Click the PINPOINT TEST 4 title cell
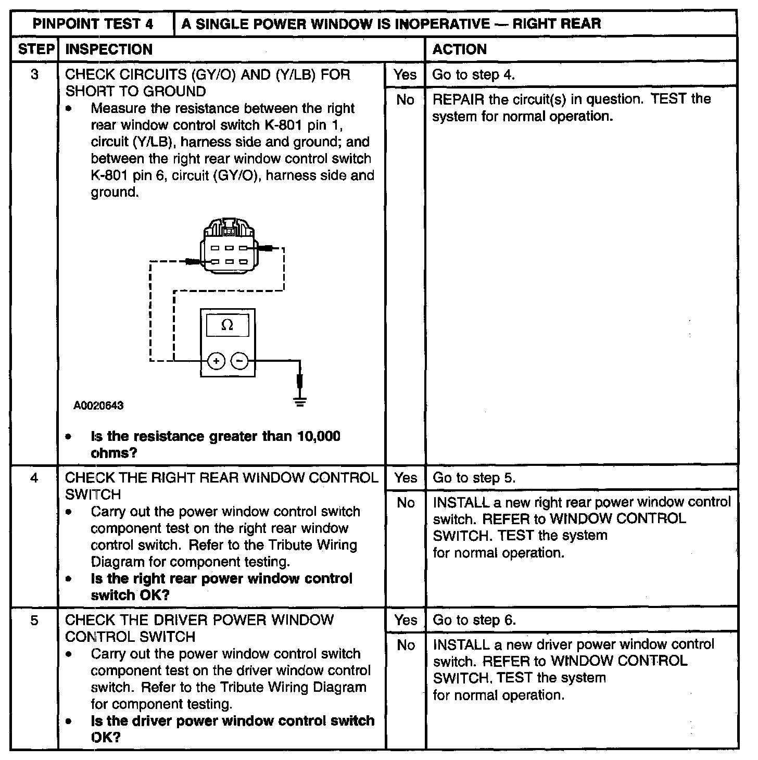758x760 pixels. (x=93, y=23)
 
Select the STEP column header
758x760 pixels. (x=35, y=49)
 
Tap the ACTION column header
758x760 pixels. (x=459, y=49)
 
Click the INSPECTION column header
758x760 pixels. (x=109, y=49)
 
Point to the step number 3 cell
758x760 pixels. (x=34, y=74)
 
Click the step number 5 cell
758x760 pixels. (x=34, y=620)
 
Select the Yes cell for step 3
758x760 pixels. (x=405, y=74)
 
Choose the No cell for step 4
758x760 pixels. (x=405, y=503)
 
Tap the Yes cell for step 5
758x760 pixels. (x=405, y=620)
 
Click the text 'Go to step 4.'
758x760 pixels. (x=473, y=74)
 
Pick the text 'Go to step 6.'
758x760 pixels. (x=474, y=620)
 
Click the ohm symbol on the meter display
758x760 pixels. (x=228, y=325)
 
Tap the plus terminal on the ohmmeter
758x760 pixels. (x=217, y=360)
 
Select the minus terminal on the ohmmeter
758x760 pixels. (x=239, y=360)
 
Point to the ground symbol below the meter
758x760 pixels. (x=300, y=400)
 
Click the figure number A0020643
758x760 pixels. (x=98, y=406)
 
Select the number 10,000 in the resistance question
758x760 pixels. (x=319, y=436)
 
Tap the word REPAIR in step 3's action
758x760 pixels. (x=458, y=99)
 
